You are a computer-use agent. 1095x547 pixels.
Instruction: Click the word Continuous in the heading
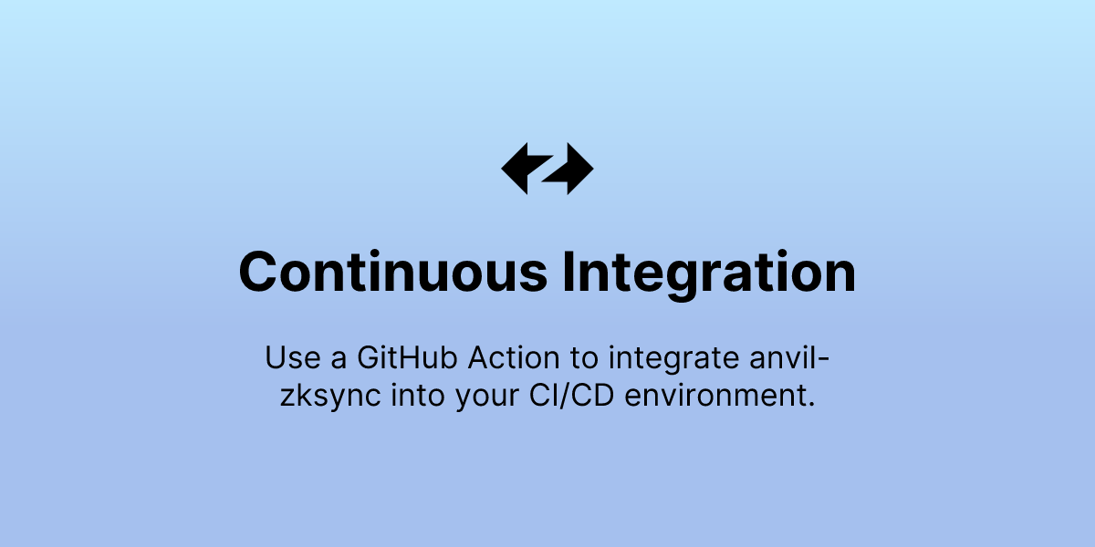coord(392,272)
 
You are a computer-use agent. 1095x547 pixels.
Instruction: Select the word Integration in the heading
coord(708,272)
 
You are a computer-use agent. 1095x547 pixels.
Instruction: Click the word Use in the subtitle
coord(288,358)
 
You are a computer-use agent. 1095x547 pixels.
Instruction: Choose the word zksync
coord(333,398)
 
